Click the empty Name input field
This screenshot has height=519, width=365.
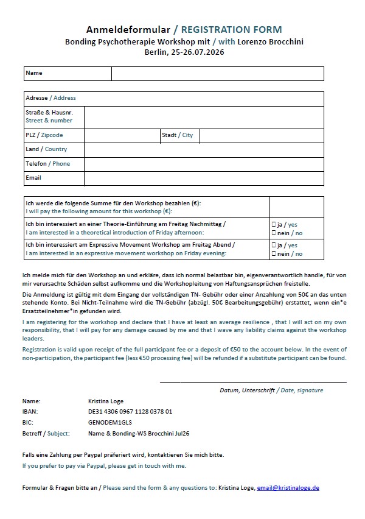click(x=217, y=73)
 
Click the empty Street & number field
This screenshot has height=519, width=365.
click(x=204, y=117)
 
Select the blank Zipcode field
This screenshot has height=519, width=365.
click(x=122, y=135)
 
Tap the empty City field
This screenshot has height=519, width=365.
click(x=262, y=135)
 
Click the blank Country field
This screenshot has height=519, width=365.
click(x=204, y=149)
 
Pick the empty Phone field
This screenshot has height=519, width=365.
click(x=204, y=164)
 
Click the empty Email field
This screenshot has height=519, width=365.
click(x=204, y=178)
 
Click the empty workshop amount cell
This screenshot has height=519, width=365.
click(x=296, y=207)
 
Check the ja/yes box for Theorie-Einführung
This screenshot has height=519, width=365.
click(x=273, y=225)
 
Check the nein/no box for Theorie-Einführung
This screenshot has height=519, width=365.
click(x=273, y=233)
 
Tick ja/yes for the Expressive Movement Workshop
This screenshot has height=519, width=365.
click(x=273, y=245)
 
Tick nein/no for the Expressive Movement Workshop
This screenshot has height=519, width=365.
click(x=273, y=254)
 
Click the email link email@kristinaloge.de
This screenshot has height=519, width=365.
click(x=288, y=488)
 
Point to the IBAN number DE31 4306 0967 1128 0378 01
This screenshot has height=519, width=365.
click(x=130, y=412)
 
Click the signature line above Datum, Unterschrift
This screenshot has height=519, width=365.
click(x=252, y=381)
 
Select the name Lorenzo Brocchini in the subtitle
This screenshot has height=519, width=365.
click(x=269, y=41)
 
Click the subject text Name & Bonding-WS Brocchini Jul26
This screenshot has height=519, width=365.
click(x=139, y=433)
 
